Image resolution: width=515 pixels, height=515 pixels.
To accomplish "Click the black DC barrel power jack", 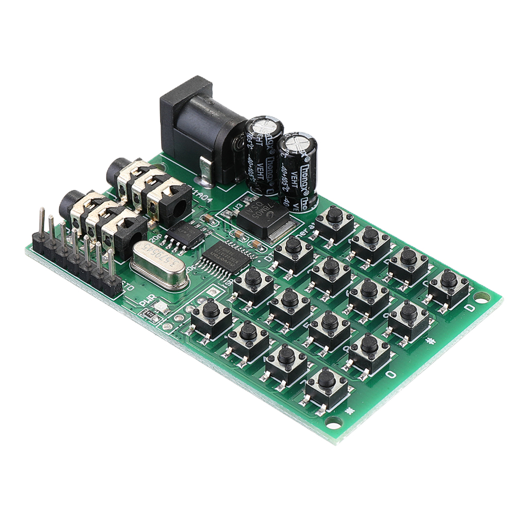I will [201, 129].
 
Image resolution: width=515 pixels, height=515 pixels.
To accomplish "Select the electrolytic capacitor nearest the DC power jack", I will [263, 154].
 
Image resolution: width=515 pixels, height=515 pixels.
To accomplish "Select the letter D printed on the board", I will [469, 308].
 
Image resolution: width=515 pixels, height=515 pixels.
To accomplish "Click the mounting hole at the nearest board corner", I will [335, 422].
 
